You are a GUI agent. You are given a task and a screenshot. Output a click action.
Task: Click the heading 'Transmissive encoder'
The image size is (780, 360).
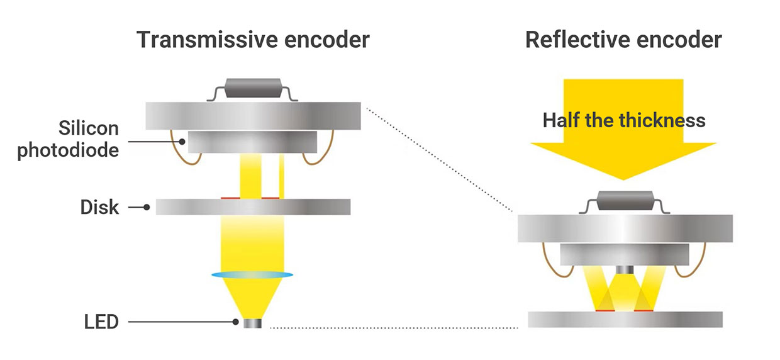click(x=253, y=40)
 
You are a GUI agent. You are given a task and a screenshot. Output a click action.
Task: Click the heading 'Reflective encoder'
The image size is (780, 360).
click(x=623, y=40)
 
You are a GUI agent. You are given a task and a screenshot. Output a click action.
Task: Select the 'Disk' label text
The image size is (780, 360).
click(x=99, y=207)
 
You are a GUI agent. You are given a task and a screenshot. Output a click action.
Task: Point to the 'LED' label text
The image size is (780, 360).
click(x=101, y=323)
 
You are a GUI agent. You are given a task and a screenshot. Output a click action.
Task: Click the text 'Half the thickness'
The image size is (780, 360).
click(x=624, y=120)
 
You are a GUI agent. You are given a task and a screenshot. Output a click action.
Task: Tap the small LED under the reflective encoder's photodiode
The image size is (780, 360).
click(x=625, y=269)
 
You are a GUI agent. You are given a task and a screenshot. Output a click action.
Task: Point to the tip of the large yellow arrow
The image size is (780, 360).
click(x=623, y=177)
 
